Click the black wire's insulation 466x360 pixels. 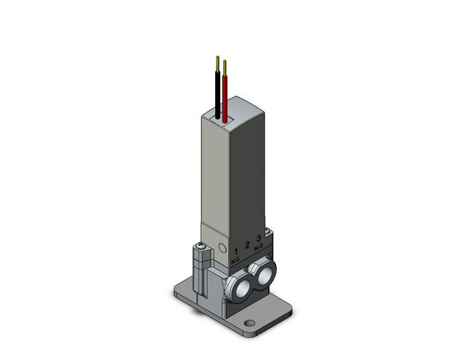(217, 92)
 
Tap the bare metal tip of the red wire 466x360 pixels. (224, 66)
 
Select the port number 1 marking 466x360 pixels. (237, 251)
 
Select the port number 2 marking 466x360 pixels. (248, 245)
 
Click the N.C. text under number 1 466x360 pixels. (236, 261)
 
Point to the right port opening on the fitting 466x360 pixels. (265, 276)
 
